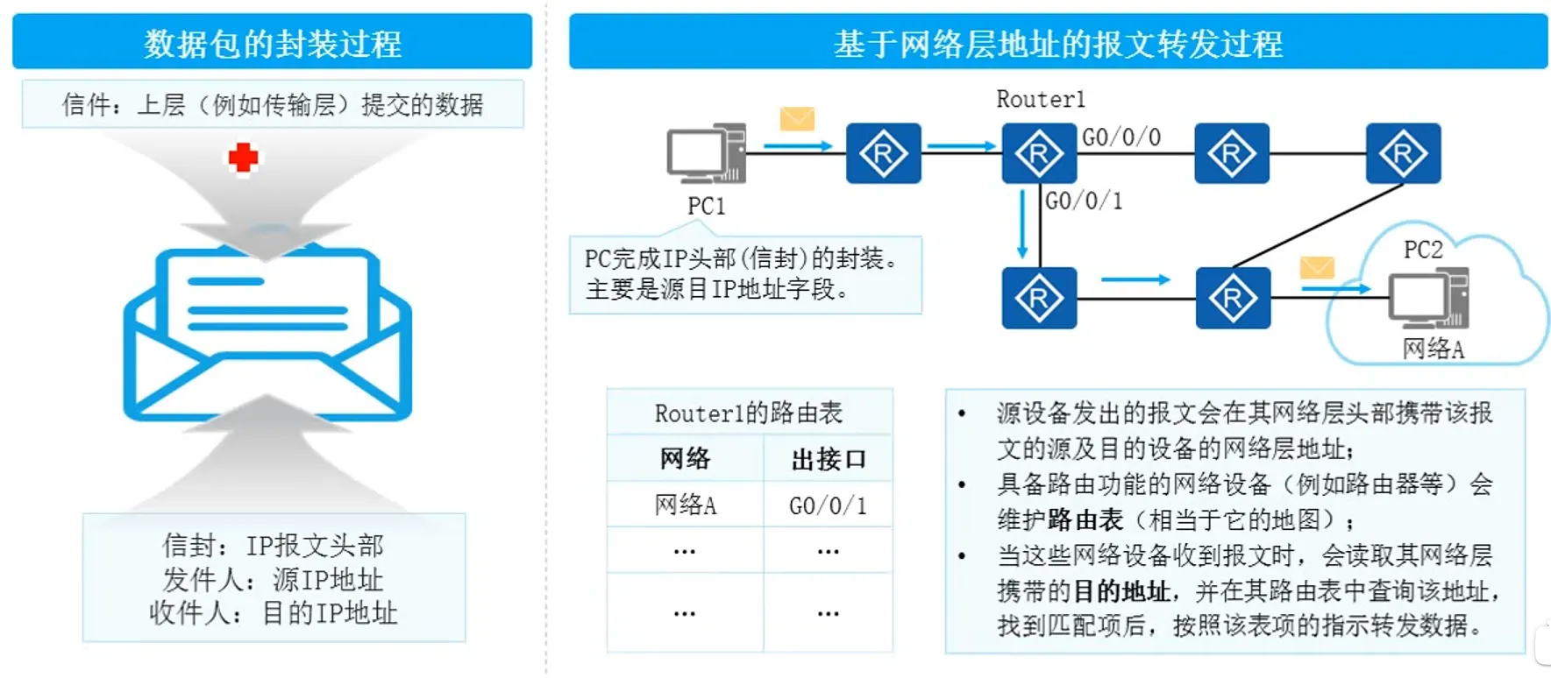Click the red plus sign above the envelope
click(x=243, y=158)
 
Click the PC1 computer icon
click(x=706, y=153)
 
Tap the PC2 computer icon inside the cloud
click(x=1427, y=298)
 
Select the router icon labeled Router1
click(x=1039, y=154)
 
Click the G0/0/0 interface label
click(x=1121, y=138)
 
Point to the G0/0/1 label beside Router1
click(x=1084, y=201)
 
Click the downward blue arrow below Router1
click(x=1022, y=223)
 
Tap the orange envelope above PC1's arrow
click(x=797, y=118)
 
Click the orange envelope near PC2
click(x=1317, y=267)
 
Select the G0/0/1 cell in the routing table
click(x=828, y=505)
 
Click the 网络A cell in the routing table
click(x=686, y=505)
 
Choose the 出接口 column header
click(x=828, y=459)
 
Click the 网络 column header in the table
click(x=686, y=459)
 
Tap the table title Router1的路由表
click(x=749, y=413)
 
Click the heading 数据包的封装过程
click(x=273, y=43)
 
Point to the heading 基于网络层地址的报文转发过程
click(x=1058, y=43)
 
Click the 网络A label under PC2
click(x=1434, y=349)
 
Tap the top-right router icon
click(x=1403, y=154)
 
